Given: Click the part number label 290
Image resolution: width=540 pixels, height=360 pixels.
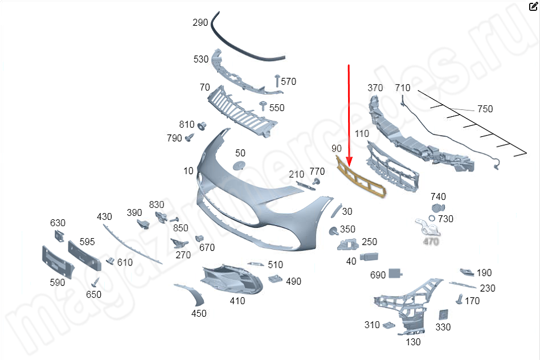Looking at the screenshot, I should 200,23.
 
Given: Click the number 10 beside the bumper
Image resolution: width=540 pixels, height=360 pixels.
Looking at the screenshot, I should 189,171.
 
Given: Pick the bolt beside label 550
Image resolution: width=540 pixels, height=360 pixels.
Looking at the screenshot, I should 263,106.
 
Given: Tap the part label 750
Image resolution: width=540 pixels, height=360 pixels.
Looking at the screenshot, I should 485,109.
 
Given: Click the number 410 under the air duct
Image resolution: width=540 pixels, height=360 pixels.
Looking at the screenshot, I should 237,301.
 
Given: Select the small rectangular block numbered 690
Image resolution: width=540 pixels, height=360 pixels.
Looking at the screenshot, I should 396,275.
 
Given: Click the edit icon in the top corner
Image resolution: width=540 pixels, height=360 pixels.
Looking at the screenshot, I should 533,7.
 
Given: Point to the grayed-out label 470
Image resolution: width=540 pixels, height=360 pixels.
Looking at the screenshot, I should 431,242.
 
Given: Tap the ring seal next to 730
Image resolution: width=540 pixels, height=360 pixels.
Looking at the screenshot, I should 432,219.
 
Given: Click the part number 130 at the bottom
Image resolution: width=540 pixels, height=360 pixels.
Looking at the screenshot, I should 413,342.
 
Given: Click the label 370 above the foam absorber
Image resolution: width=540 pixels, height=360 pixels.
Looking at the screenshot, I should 375,88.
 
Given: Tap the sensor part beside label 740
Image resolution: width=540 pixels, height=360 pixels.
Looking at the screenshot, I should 437,209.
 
